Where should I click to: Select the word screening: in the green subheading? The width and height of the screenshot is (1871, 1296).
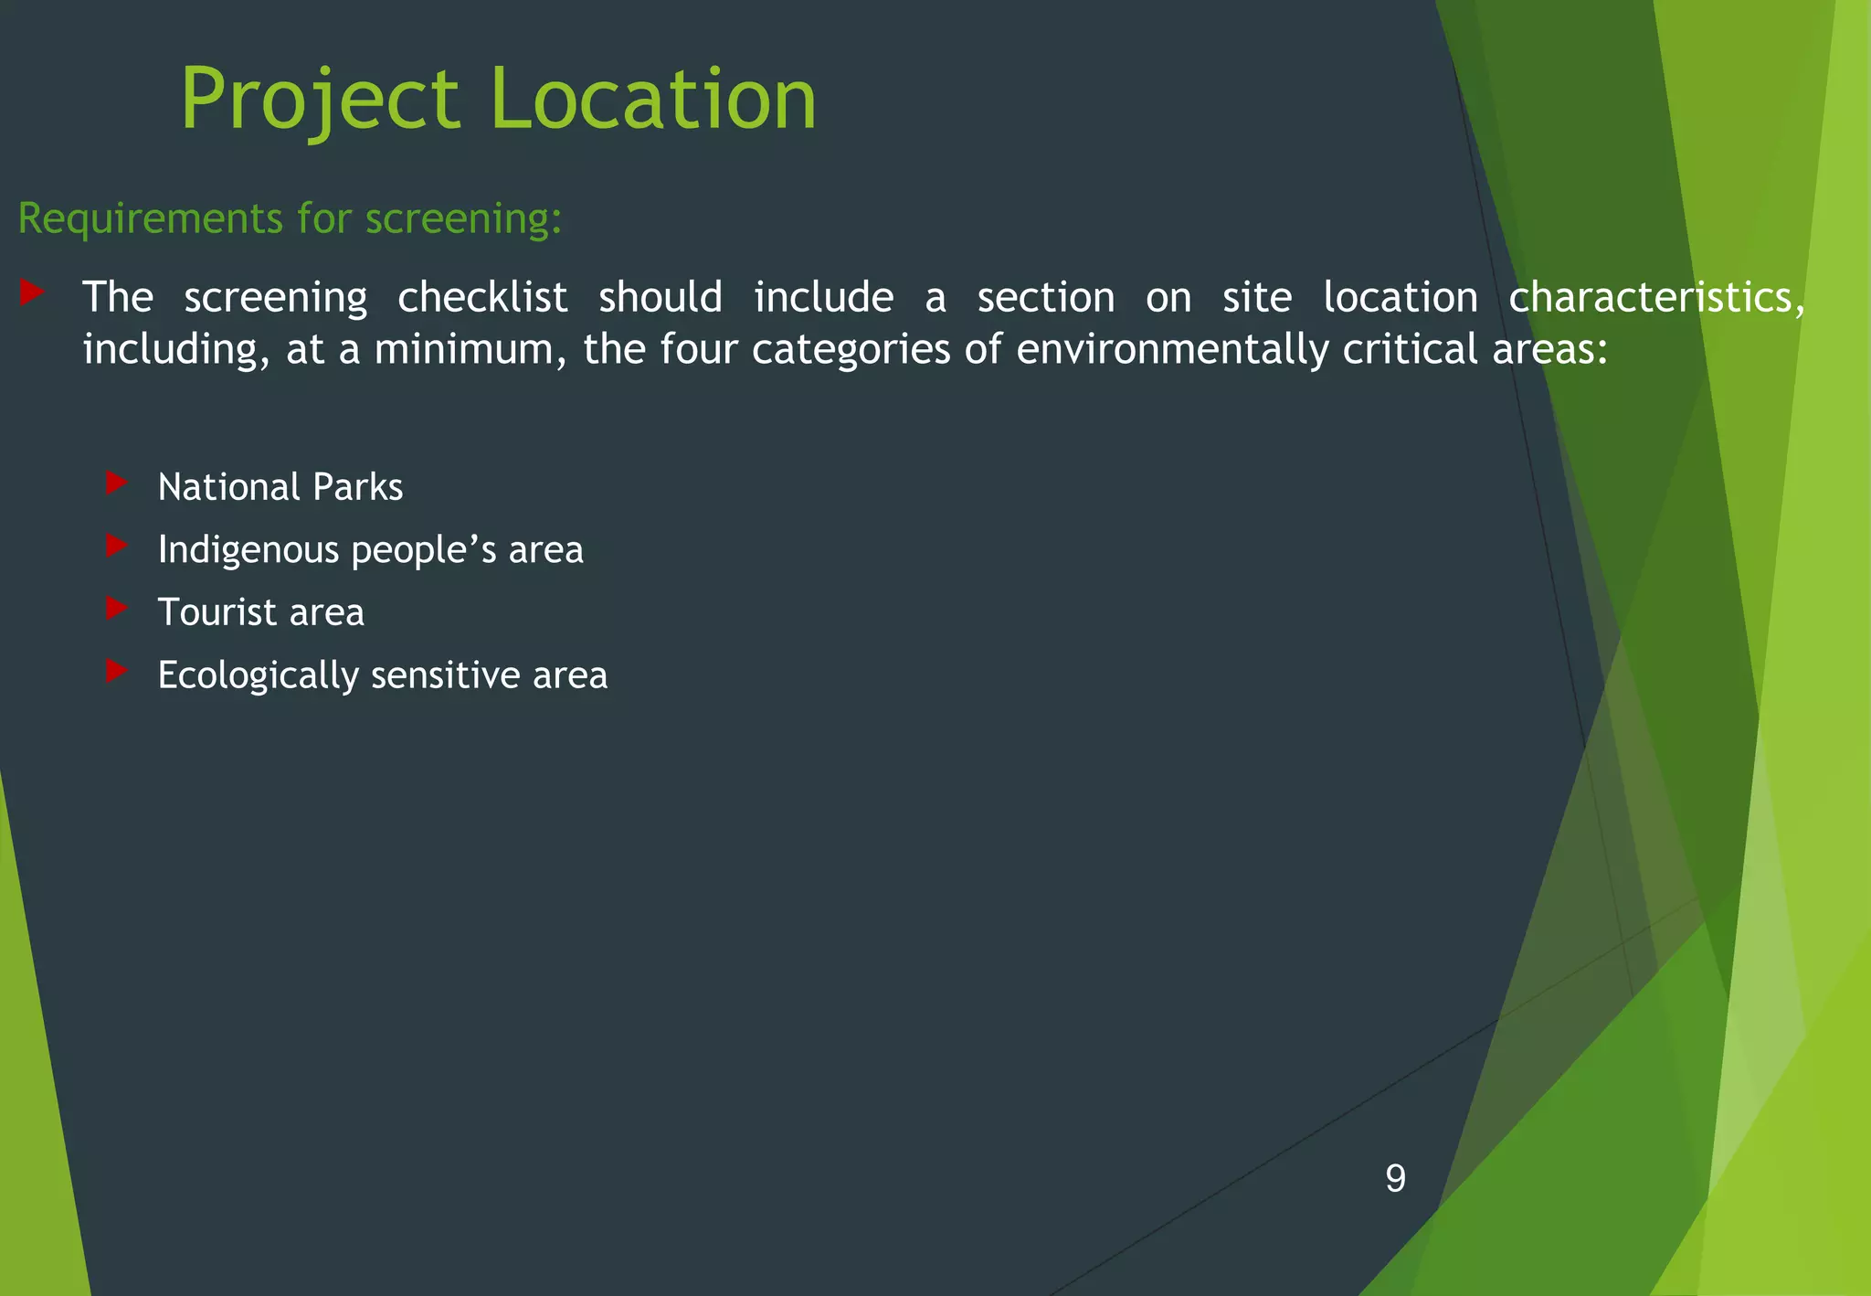463,219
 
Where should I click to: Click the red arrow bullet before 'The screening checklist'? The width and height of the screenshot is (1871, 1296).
32,292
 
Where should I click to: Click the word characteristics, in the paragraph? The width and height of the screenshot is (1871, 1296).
1656,298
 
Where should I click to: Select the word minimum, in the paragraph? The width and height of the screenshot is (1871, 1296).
470,350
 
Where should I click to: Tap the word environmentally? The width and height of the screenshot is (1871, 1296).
1172,350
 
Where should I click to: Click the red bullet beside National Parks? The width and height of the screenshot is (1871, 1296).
116,483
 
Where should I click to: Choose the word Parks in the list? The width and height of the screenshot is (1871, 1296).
357,487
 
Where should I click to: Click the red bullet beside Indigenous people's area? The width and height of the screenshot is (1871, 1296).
116,546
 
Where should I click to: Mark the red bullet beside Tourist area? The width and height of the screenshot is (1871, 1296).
116,608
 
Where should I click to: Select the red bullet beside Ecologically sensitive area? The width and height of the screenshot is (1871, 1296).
116,671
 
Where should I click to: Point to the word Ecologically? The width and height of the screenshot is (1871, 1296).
258,676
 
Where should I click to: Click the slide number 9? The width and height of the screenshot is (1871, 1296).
1395,1178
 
